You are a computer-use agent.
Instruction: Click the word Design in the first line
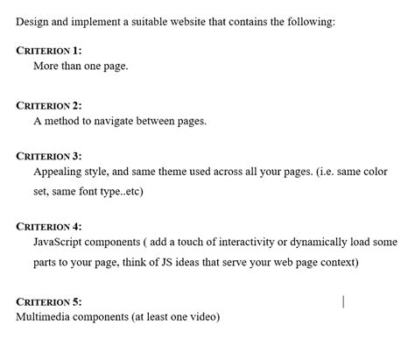click(32, 21)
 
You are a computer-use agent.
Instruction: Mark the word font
click(90, 191)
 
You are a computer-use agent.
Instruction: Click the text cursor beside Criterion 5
click(343, 301)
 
